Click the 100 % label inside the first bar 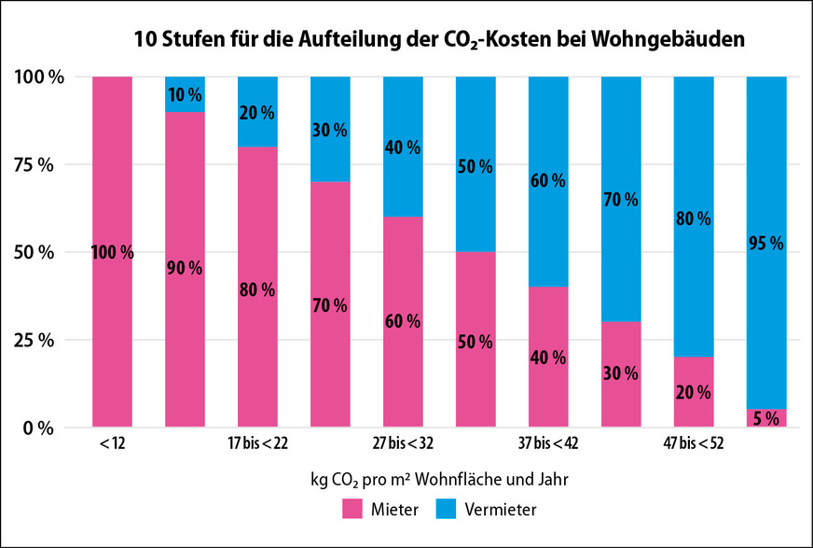112,252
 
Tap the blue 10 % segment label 184,95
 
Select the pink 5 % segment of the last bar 766,418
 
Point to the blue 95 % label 766,244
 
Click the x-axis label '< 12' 111,443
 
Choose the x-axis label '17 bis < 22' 256,443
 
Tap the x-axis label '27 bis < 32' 402,443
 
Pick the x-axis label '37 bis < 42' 548,443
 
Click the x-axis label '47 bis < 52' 693,443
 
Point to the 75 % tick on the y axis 39,164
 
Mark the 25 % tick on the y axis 39,340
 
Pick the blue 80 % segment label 693,219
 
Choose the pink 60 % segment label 402,321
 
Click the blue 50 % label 475,166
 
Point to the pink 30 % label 620,373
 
